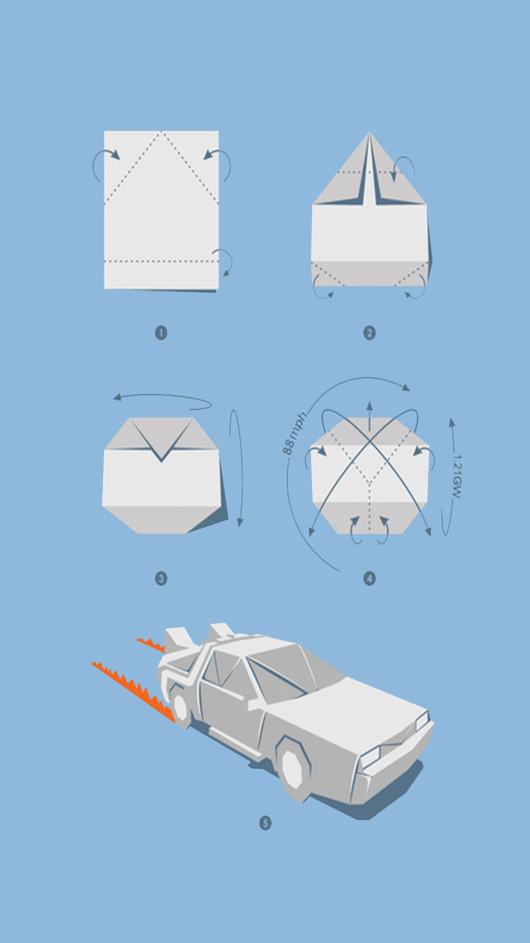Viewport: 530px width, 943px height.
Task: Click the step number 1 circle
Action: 161,333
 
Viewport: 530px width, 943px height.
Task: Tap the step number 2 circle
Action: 370,333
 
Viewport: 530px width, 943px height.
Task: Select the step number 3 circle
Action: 161,578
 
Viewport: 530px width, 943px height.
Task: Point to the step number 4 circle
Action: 370,578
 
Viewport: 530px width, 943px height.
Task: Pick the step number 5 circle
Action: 266,823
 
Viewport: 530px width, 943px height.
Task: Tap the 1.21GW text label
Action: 457,476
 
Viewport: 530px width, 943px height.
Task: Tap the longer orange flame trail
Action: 135,691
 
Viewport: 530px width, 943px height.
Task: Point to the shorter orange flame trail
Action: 152,645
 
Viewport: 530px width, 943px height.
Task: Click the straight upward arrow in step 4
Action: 370,417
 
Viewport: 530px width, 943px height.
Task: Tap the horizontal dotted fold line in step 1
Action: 161,262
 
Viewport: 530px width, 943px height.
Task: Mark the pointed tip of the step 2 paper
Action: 370,133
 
